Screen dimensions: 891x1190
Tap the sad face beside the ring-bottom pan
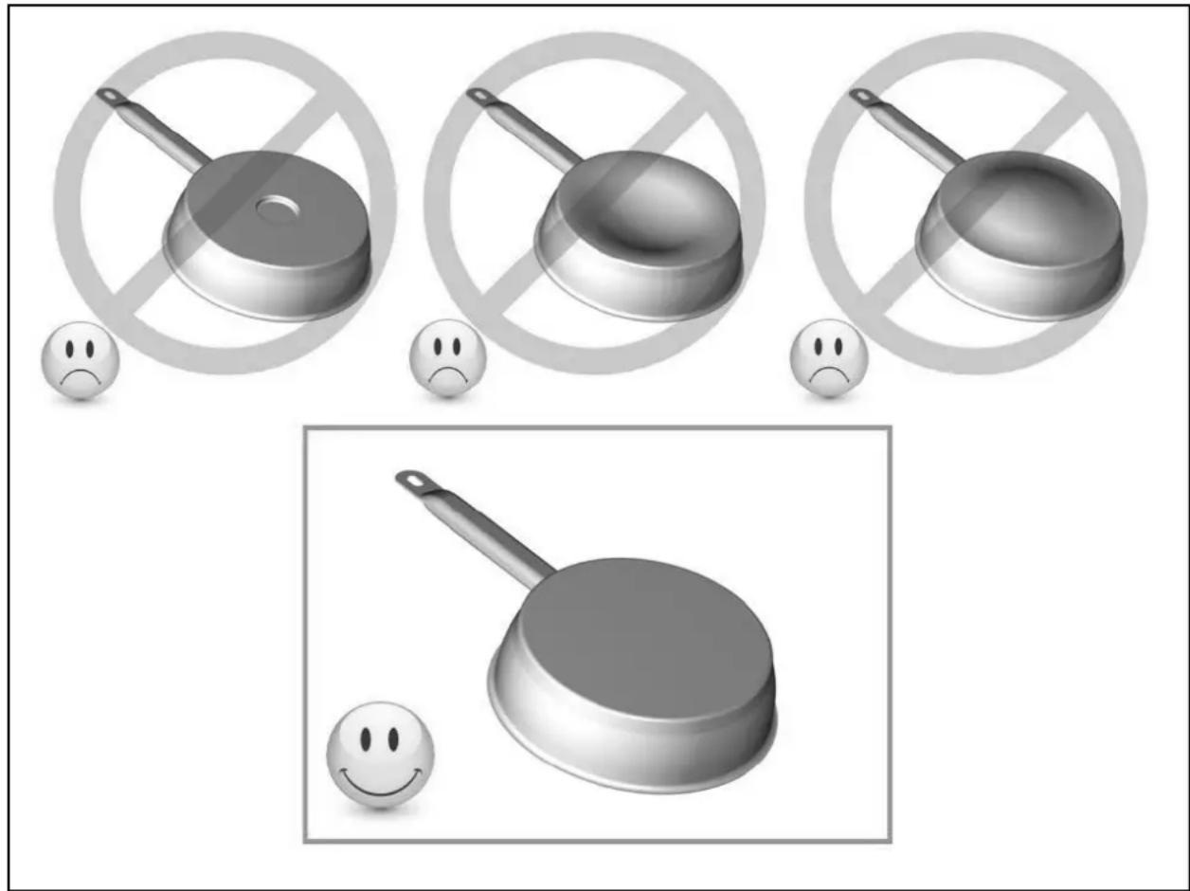coord(81,360)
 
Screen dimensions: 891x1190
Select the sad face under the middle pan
coord(447,360)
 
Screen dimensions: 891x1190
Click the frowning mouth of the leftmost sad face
coord(81,375)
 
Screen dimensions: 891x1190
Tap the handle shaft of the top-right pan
coord(914,133)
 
